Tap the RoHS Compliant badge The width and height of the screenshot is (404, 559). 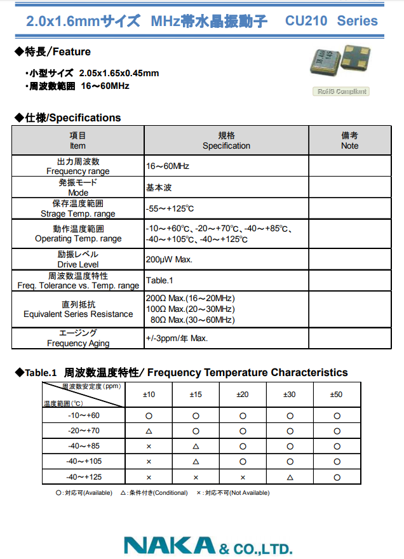342,91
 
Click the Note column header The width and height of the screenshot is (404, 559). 349,140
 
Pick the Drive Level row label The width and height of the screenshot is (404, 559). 77,259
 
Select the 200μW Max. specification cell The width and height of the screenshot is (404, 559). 169,259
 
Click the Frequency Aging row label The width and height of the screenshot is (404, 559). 78,338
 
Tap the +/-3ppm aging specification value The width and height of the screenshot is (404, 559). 177,338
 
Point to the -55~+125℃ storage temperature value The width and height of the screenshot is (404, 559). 170,208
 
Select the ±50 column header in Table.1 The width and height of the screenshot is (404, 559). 336,394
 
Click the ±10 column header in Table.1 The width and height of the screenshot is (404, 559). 149,394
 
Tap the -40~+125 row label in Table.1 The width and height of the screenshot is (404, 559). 84,476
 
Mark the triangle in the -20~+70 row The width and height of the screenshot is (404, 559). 149,431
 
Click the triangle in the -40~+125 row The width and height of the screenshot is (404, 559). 290,476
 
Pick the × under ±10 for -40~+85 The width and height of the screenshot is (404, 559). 149,446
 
